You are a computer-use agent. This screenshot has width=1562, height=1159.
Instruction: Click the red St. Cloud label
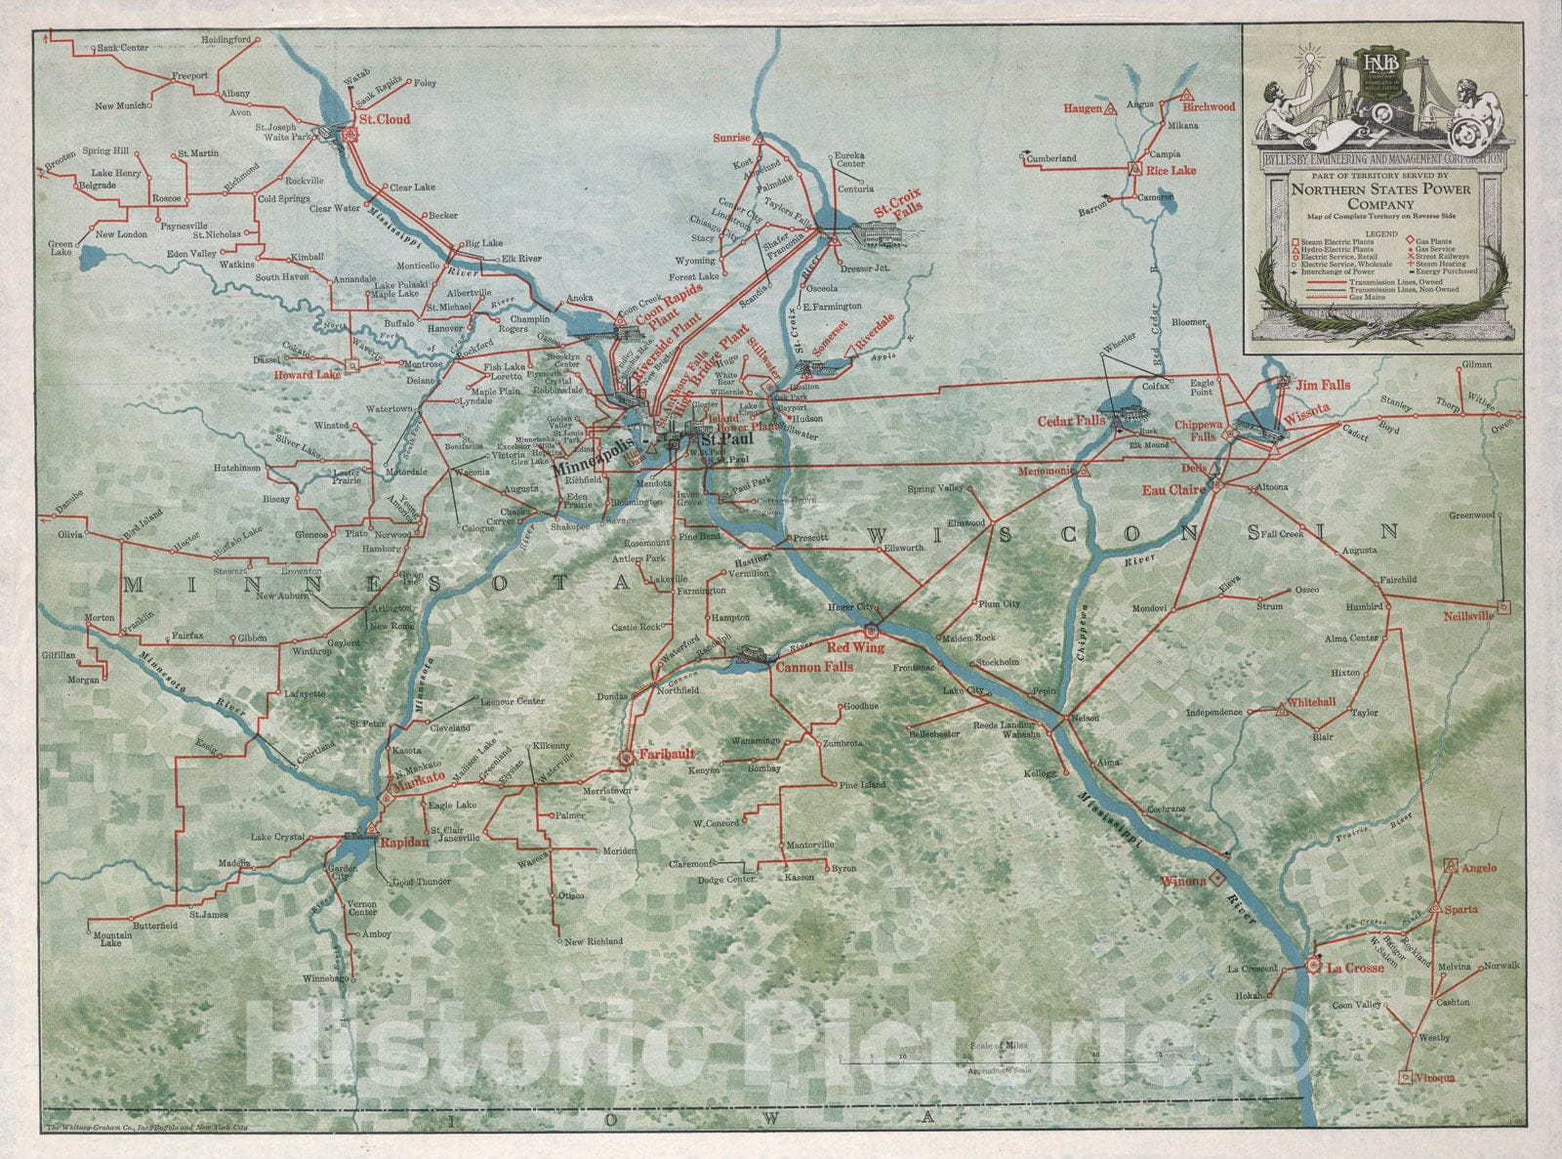click(x=384, y=120)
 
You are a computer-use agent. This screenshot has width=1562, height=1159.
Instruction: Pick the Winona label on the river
click(x=1183, y=881)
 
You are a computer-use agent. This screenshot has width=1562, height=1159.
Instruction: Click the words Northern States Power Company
click(x=1377, y=198)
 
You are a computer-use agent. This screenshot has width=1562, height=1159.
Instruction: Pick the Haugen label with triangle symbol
click(x=1083, y=107)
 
